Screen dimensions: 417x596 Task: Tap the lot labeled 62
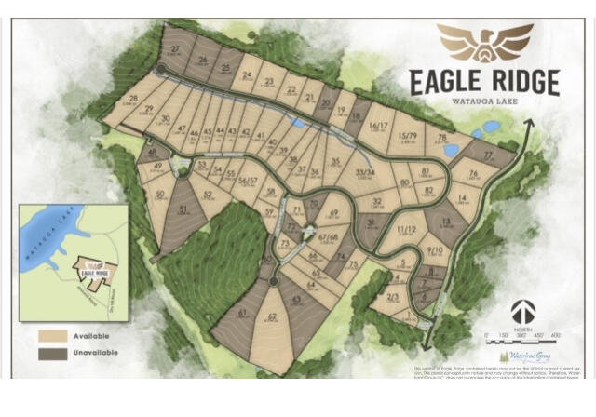[272, 318]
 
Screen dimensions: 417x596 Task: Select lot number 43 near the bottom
[297, 300]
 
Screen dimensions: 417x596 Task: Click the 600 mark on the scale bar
[557, 333]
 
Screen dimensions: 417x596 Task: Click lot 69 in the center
[334, 214]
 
